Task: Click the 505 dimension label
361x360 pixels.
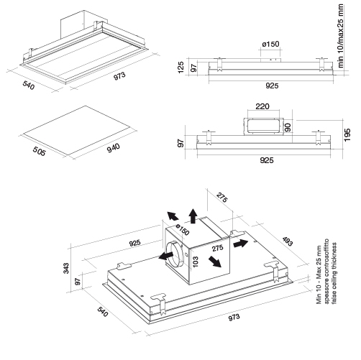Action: coord(39,151)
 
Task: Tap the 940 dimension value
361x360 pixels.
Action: coord(114,148)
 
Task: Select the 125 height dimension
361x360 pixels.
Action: coord(180,68)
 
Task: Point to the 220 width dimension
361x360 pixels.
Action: coord(262,106)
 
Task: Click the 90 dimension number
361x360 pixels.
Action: coord(288,127)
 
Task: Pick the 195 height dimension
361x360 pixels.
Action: coord(347,135)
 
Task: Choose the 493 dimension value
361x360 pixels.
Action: coord(288,241)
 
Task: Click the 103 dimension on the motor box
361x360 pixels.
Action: coord(196,262)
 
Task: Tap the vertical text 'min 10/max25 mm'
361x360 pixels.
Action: coord(340,35)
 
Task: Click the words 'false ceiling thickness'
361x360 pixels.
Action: coord(334,273)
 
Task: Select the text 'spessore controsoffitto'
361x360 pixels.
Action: coord(326,271)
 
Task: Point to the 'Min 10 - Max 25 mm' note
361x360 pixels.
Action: coord(319,274)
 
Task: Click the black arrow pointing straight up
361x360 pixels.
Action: coord(193,216)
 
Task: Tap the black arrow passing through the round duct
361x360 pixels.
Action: coord(166,256)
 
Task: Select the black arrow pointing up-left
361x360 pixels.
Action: coord(173,216)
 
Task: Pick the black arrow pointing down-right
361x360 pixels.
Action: coord(214,262)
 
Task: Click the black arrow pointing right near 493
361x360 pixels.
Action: coord(240,244)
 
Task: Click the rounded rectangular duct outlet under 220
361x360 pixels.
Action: coord(264,126)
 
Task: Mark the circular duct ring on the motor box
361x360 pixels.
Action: coord(175,254)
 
